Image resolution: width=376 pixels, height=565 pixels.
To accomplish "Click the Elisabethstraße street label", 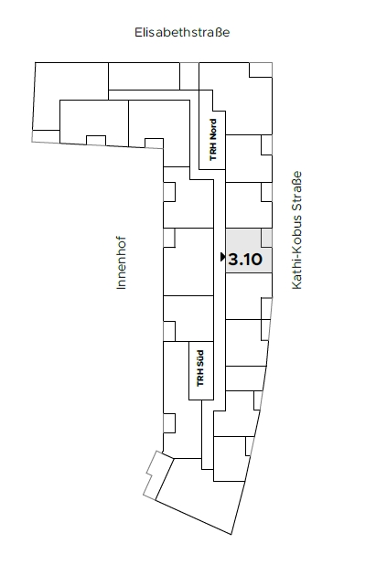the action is coord(182,32).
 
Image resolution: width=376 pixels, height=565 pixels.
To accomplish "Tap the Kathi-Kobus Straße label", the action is coord(296,229).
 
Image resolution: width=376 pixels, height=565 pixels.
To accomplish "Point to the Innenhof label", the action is coord(122,262).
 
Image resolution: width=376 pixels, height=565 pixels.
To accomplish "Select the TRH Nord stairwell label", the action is coord(213,140).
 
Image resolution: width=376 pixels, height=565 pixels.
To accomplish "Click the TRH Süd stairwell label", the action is coord(200,368).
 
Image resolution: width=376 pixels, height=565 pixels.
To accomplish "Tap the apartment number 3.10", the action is coord(245,260).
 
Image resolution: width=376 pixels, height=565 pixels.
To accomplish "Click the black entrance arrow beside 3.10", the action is coord(223,257).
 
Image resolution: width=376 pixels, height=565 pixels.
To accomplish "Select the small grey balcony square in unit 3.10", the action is coord(267,239).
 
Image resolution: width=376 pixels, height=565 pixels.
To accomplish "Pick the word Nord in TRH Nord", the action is coord(213,130).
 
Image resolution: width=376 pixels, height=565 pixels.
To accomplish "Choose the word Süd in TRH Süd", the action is coord(200,359).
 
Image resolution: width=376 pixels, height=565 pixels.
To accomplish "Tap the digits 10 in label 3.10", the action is coord(253,260).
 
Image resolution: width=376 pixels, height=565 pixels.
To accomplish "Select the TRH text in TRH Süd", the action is coord(200,379).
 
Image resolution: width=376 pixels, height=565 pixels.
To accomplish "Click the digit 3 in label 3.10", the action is coord(233,260).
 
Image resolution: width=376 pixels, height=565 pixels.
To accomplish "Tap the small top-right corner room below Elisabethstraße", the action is coord(261,69).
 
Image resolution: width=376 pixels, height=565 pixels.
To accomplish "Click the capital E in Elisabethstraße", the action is coord(138,32).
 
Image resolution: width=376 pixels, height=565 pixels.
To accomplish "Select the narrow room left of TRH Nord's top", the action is coord(189,77).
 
